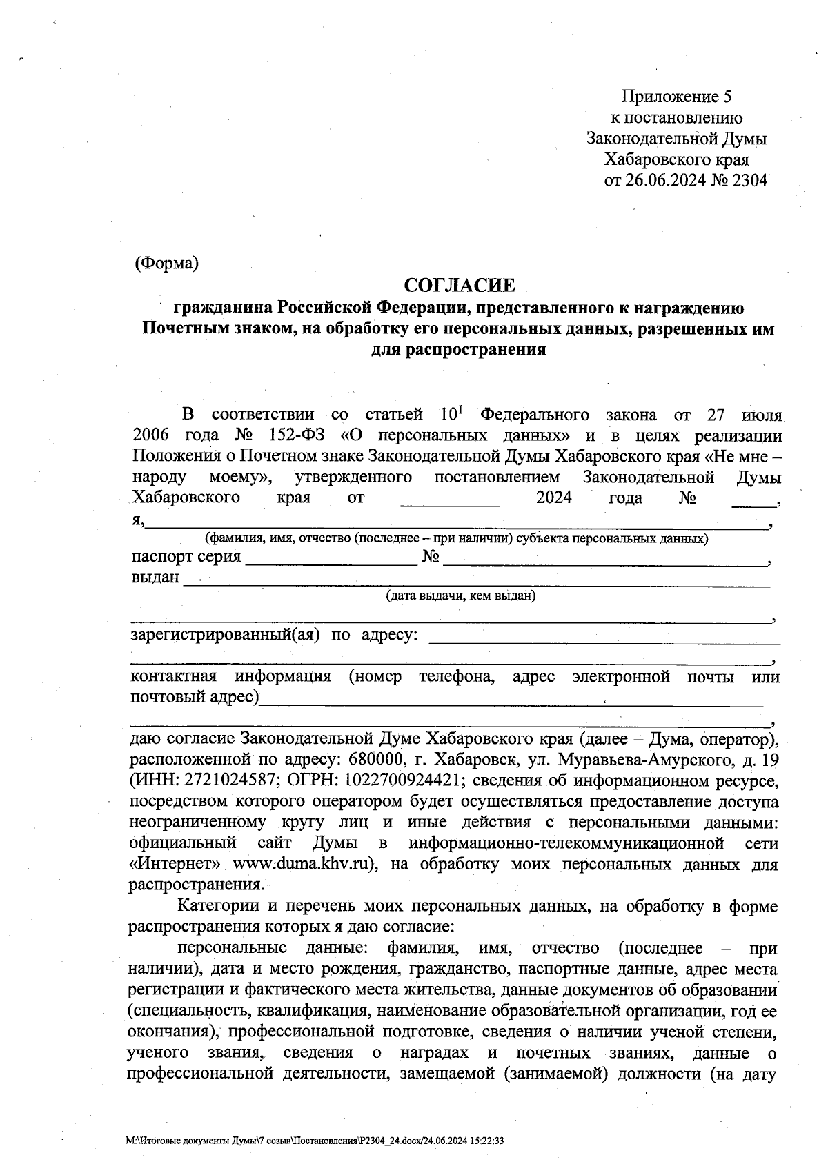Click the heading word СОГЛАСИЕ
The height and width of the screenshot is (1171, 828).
point(459,285)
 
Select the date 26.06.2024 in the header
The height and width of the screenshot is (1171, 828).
point(665,181)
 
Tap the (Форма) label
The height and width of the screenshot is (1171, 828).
point(167,263)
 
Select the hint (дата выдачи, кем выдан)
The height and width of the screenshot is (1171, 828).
point(460,596)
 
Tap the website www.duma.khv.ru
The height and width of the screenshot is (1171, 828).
point(302,865)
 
